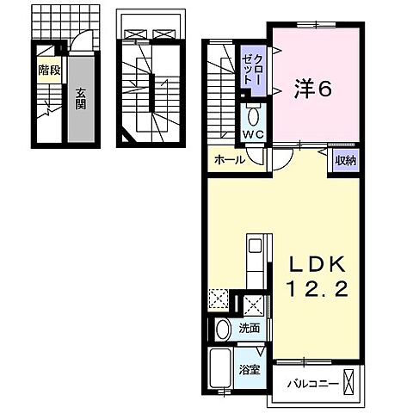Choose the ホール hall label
(x=230, y=159)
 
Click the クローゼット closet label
(x=252, y=69)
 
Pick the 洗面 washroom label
(x=250, y=328)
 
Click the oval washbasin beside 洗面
(x=222, y=328)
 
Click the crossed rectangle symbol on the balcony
(x=348, y=380)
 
